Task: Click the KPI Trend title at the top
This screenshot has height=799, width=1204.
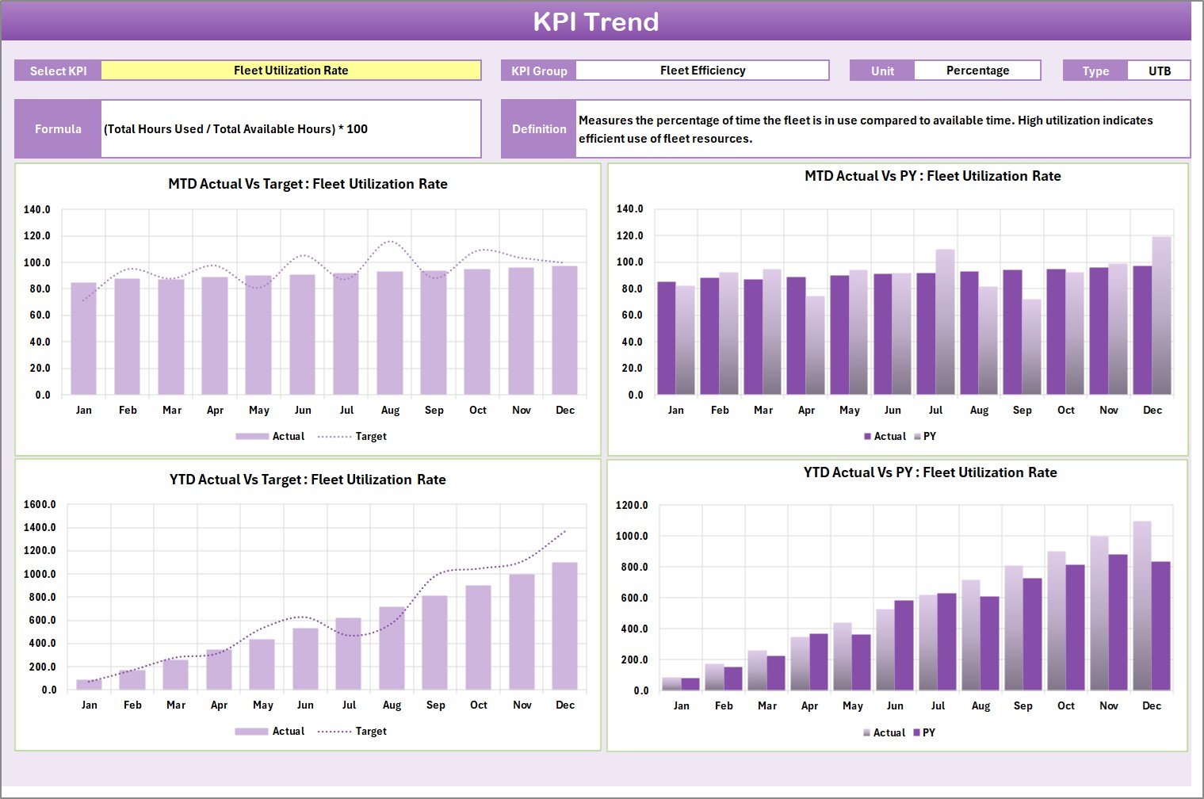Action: point(595,21)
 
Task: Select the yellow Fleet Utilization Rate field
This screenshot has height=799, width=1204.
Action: point(291,71)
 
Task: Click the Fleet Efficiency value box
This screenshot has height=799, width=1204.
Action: point(702,71)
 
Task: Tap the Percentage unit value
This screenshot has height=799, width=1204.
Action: point(977,71)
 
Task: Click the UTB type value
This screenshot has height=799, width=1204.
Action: point(1159,71)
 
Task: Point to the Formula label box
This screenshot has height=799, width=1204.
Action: point(58,128)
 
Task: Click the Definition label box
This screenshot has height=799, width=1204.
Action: point(539,128)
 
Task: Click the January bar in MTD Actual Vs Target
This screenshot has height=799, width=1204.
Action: point(84,338)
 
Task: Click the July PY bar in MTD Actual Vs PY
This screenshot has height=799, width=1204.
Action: point(945,322)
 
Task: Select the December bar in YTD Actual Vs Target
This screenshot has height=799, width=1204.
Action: point(565,626)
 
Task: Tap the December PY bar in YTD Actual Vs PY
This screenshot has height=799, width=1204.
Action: point(1160,626)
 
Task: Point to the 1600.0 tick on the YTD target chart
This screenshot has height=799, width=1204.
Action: point(40,504)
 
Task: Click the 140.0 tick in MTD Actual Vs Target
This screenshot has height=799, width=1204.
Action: point(37,210)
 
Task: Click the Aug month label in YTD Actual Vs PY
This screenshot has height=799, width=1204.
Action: point(980,705)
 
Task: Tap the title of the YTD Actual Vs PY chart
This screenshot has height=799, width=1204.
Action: point(930,472)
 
